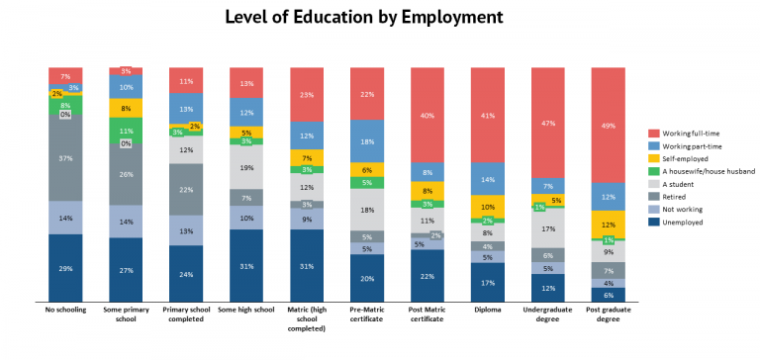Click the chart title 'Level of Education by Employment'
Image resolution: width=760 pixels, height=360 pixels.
tap(363, 17)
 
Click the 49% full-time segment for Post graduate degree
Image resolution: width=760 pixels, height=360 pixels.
tap(608, 125)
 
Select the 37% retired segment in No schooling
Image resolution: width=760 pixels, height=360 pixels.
tap(65, 159)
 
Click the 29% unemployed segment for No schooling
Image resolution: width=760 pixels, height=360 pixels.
tap(65, 268)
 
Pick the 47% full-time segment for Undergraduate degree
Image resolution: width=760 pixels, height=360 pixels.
tap(547, 123)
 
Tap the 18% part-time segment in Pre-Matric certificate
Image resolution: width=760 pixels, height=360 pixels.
tap(367, 140)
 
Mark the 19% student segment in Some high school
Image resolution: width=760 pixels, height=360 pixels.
tap(246, 167)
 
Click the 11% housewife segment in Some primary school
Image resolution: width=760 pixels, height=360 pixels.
tap(126, 131)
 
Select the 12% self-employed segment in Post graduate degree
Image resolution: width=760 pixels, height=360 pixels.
tap(608, 225)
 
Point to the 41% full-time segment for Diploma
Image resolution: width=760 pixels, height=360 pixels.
tap(487, 115)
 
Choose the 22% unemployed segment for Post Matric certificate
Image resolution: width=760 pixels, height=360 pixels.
tap(427, 276)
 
